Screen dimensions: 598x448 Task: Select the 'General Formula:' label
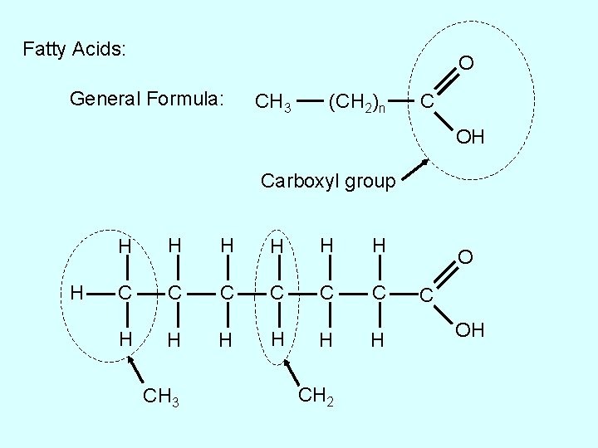click(147, 100)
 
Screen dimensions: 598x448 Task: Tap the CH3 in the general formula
click(272, 103)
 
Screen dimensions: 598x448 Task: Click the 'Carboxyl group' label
click(328, 180)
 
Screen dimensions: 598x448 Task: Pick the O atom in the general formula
click(467, 63)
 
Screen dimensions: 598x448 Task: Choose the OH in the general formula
click(469, 137)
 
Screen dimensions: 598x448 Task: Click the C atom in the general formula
click(425, 102)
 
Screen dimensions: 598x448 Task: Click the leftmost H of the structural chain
click(76, 291)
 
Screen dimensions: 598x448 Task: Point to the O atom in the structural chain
click(467, 258)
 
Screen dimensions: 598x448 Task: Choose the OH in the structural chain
click(469, 331)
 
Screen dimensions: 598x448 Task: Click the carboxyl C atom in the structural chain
click(425, 295)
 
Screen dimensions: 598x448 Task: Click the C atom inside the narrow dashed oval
click(278, 291)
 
